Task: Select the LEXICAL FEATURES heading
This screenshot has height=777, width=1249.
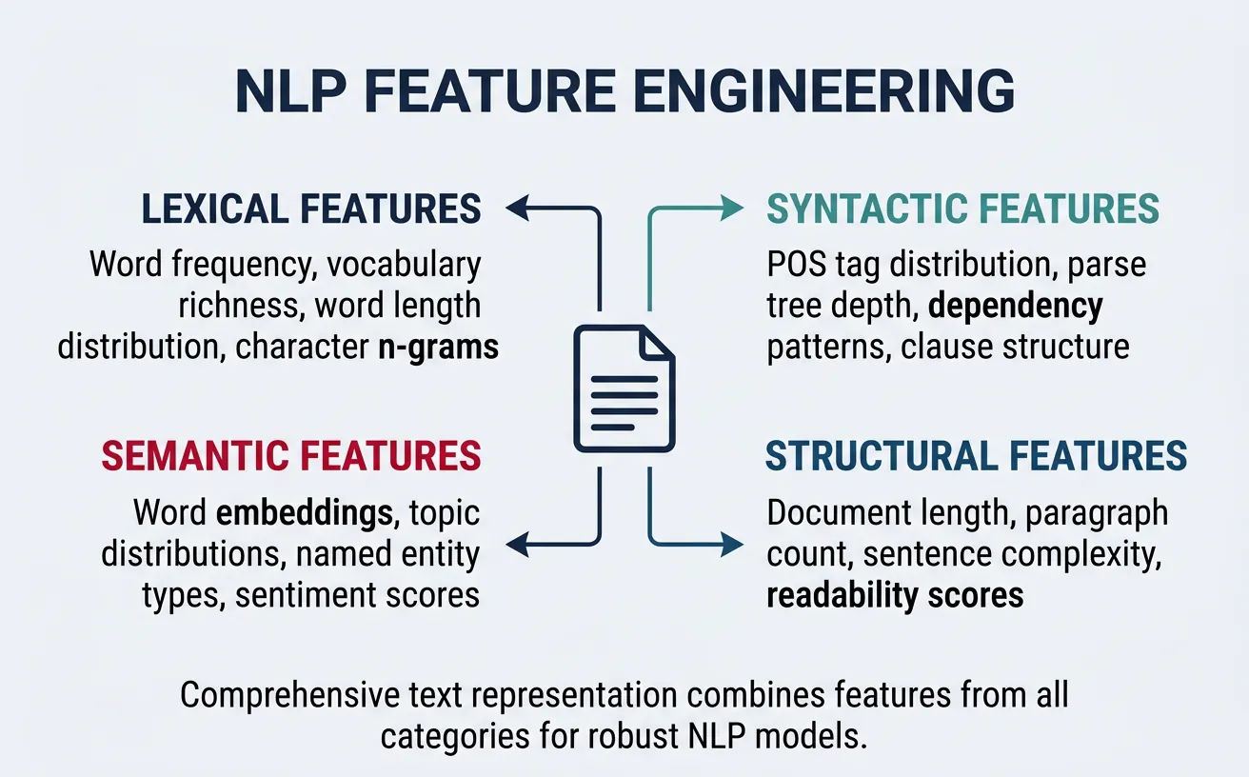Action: (x=311, y=209)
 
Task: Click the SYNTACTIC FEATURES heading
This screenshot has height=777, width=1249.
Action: (x=963, y=209)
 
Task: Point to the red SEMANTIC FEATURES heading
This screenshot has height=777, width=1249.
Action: (x=291, y=457)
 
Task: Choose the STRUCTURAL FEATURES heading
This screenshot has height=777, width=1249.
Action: (x=977, y=457)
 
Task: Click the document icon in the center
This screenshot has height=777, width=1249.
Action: (x=624, y=388)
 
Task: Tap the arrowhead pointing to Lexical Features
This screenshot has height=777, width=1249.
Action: (x=517, y=208)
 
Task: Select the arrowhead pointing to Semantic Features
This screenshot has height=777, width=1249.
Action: (x=517, y=545)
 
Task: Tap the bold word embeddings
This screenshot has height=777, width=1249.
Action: (x=305, y=513)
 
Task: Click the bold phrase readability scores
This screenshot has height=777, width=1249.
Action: (x=895, y=595)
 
